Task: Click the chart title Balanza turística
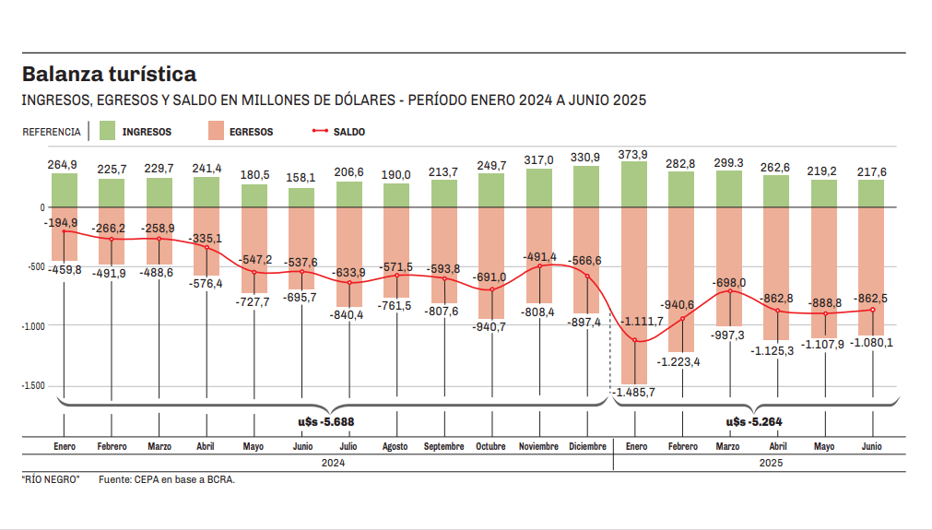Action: (109, 74)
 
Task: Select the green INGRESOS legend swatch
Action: (106, 131)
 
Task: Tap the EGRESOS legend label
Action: (252, 132)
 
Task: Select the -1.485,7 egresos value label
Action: (633, 393)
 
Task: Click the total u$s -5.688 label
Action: (320, 422)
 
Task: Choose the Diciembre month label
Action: (586, 447)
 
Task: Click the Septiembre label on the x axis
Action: (443, 447)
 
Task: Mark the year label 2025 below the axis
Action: (771, 464)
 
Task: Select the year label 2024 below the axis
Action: (333, 464)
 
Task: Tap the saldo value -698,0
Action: (729, 282)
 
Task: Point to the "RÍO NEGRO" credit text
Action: (51, 479)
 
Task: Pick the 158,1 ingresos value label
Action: (301, 178)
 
